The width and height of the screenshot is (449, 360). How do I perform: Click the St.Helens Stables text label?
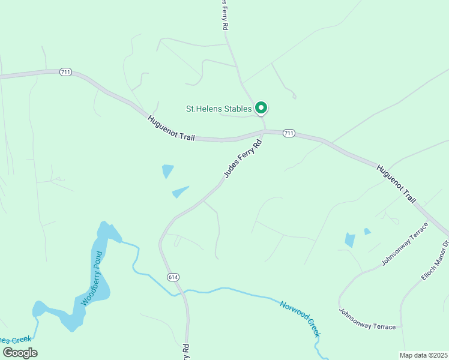218,109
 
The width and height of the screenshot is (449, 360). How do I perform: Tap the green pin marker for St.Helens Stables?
261,108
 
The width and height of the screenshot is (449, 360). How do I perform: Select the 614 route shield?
173,277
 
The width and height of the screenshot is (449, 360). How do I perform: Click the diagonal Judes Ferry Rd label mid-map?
243,158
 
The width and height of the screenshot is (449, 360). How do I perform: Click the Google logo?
19,352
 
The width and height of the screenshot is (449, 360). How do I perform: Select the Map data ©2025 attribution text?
424,355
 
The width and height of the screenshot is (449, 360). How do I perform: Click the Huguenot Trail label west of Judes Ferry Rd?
172,128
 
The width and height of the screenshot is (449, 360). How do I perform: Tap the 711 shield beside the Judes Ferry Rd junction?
289,133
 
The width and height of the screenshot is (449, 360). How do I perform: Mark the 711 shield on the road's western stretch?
66,72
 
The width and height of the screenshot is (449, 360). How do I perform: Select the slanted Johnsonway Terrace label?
405,244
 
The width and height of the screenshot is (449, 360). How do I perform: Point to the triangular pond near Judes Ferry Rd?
179,192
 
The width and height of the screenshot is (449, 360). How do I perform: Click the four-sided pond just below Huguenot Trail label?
167,171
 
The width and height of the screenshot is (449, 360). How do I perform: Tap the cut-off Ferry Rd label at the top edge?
224,15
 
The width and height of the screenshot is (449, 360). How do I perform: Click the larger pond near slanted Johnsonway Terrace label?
350,240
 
